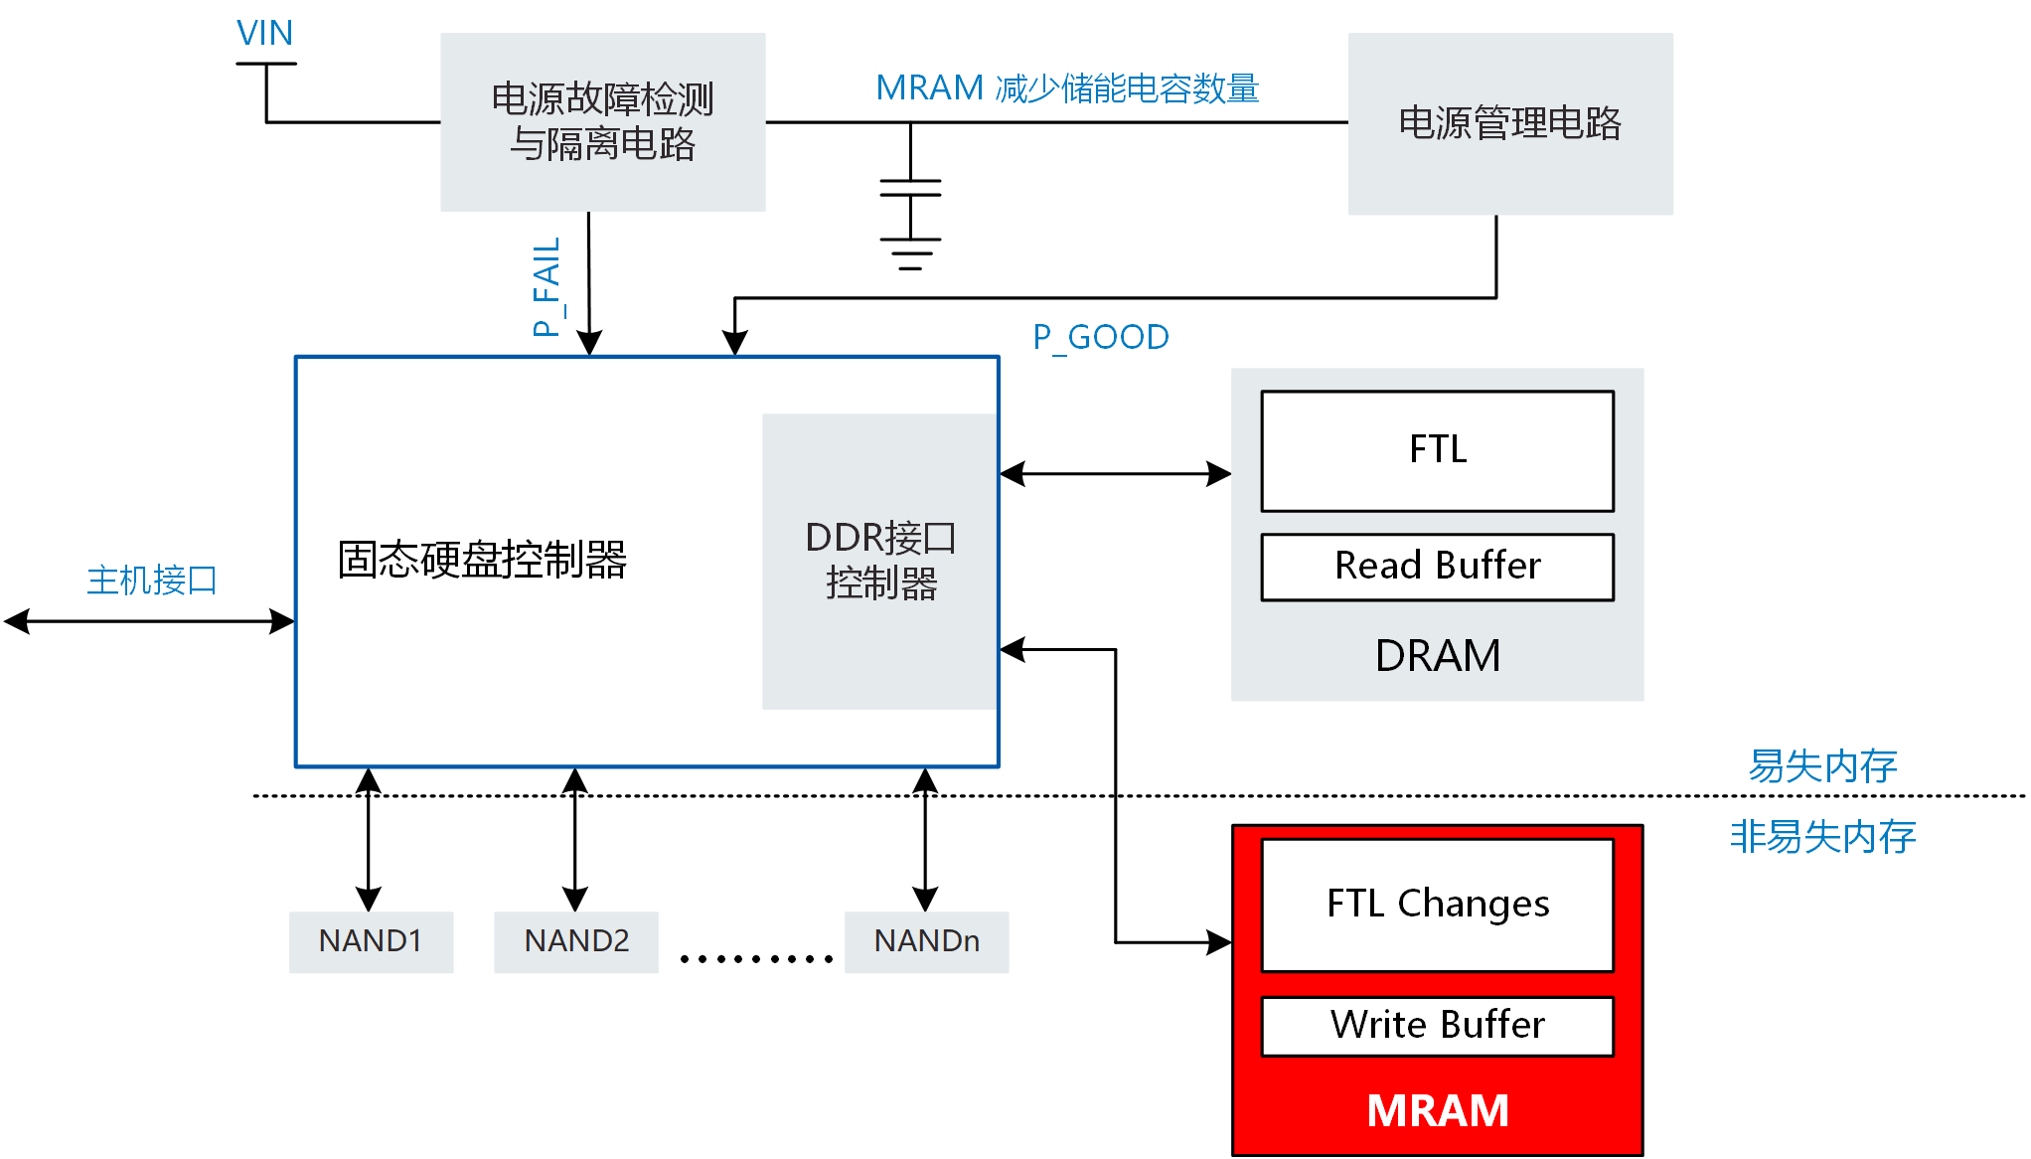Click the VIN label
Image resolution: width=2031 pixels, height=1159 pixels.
tap(264, 34)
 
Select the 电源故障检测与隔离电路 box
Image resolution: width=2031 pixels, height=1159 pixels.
tap(602, 122)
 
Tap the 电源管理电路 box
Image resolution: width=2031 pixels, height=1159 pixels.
tap(1509, 123)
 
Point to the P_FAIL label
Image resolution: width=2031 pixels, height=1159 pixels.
tap(547, 287)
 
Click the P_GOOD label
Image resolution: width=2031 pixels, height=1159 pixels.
tap(1101, 338)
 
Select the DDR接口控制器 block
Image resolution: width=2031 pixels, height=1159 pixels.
tap(880, 561)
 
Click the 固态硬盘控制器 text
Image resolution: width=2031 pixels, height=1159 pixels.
tap(482, 560)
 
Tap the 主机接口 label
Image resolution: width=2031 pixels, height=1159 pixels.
tap(152, 580)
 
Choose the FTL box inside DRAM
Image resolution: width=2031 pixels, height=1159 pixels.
tap(1437, 450)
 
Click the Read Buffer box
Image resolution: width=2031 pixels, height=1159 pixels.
tap(1437, 567)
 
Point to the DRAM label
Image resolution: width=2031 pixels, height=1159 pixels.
tap(1437, 656)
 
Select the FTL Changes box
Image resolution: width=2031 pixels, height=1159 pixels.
tap(1437, 905)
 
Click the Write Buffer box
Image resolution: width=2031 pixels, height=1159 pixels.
tap(1437, 1026)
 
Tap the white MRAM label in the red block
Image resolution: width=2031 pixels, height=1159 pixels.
tap(1437, 1111)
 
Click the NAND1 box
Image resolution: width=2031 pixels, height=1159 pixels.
tap(371, 941)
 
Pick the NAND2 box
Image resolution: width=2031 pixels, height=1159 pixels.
tap(576, 941)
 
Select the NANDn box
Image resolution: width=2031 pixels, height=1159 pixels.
tap(926, 941)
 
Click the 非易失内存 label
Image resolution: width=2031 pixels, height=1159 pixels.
tap(1822, 837)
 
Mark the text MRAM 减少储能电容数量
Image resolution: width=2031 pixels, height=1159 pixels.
tap(1067, 88)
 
